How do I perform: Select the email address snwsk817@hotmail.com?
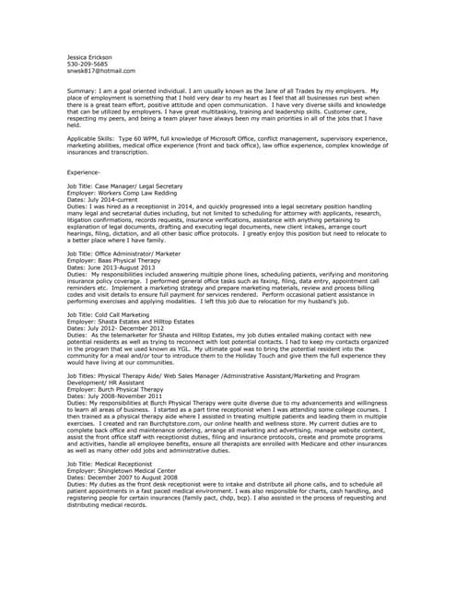(x=101, y=71)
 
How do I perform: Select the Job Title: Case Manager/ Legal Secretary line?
(x=124, y=185)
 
